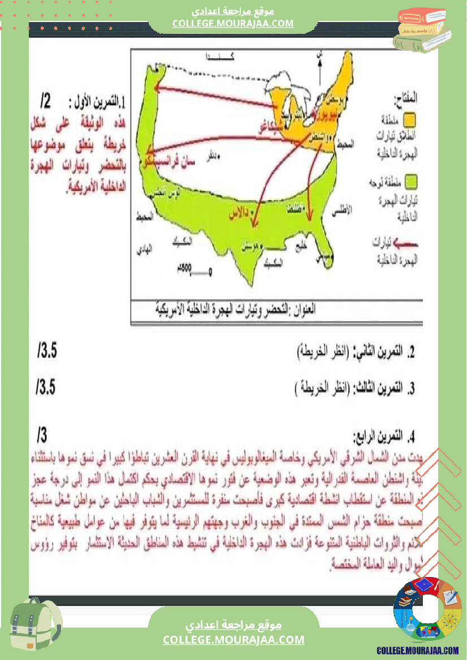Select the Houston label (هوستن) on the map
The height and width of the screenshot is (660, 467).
click(252, 247)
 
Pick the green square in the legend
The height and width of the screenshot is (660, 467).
click(411, 181)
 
